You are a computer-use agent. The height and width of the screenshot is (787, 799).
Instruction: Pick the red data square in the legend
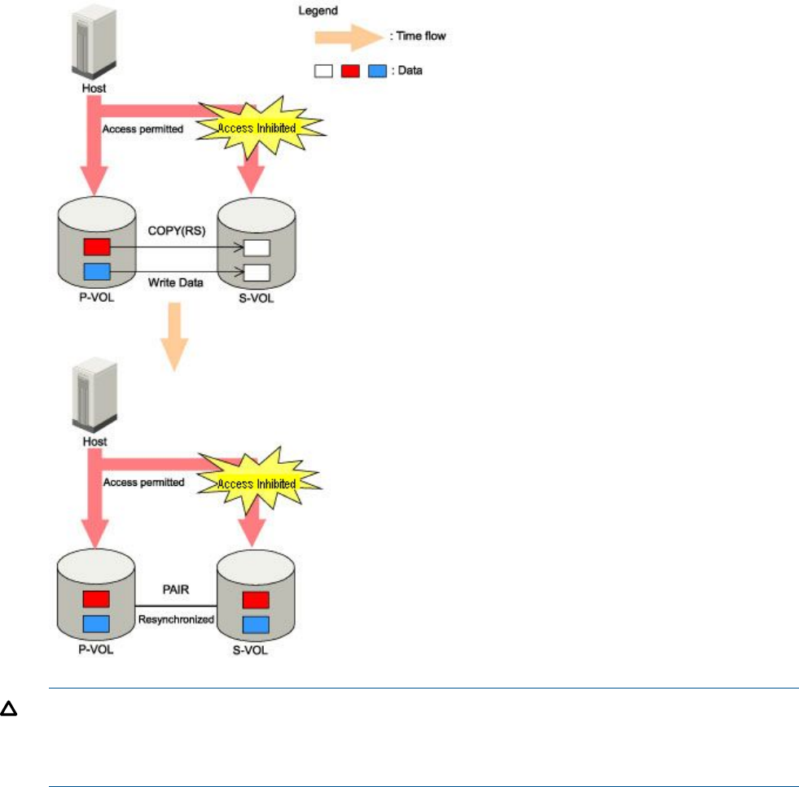click(349, 71)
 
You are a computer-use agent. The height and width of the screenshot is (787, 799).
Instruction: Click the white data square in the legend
click(323, 71)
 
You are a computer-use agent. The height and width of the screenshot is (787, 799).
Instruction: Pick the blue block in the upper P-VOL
click(97, 271)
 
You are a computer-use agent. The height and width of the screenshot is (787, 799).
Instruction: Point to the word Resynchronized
click(176, 619)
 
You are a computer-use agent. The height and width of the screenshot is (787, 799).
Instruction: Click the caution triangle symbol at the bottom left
click(9, 710)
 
